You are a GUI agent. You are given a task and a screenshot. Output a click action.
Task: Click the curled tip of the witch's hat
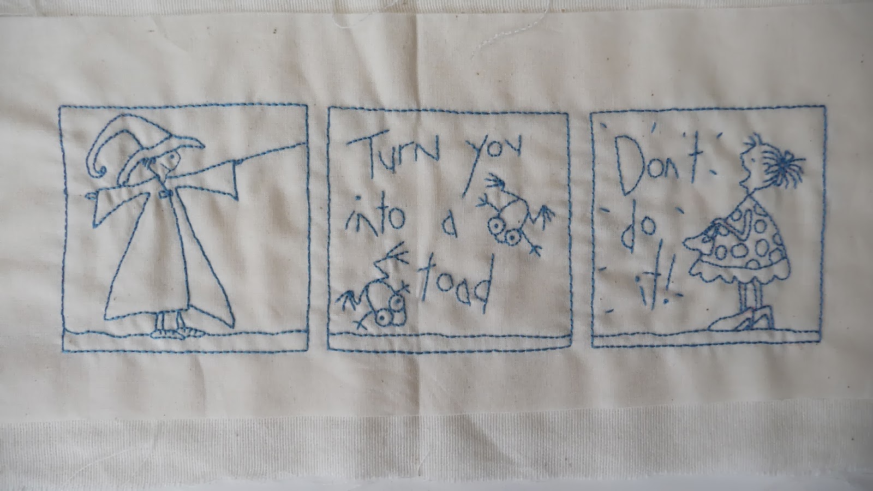(102, 170)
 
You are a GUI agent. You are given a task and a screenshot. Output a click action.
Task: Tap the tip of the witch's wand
(305, 145)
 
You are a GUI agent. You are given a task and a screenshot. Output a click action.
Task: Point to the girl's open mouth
(743, 182)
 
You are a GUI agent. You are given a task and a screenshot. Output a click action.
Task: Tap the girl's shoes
(740, 320)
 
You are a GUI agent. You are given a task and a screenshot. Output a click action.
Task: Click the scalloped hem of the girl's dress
(739, 273)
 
